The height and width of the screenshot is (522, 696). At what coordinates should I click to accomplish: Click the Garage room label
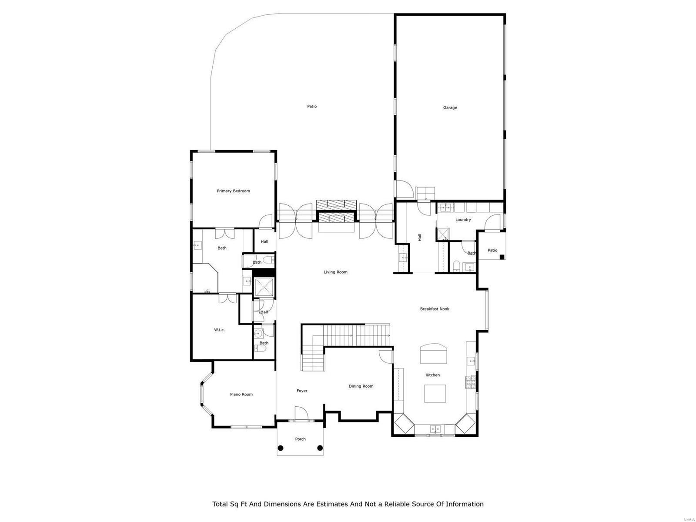tap(450, 107)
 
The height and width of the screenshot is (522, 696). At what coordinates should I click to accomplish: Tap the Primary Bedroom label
tap(233, 191)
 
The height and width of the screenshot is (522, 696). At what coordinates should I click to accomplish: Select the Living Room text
tap(335, 272)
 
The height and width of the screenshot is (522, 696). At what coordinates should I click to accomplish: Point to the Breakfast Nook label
tap(434, 309)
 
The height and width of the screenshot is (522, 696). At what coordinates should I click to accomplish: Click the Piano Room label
tap(241, 395)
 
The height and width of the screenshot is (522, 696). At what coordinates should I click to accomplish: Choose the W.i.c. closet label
tap(219, 330)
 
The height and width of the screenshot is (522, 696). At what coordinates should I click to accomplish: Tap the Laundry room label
tap(463, 220)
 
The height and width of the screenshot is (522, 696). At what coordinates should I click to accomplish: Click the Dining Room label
tap(361, 386)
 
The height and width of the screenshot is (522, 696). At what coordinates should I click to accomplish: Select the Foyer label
tap(302, 391)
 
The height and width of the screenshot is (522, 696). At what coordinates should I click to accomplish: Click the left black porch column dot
tap(281, 448)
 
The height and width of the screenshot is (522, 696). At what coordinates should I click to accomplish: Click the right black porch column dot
tap(320, 448)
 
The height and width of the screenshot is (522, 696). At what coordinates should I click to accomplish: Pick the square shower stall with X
tap(263, 288)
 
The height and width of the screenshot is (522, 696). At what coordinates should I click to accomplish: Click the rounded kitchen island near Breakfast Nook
tap(433, 353)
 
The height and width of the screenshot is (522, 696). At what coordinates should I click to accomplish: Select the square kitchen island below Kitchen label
tap(435, 393)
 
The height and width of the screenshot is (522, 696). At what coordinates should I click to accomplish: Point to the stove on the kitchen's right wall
tap(471, 383)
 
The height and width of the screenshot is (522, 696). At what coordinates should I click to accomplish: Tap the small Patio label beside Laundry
tap(492, 250)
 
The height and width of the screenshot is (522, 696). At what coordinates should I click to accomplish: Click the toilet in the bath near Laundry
tap(455, 266)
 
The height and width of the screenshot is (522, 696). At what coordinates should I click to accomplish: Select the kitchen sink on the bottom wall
tap(435, 429)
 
